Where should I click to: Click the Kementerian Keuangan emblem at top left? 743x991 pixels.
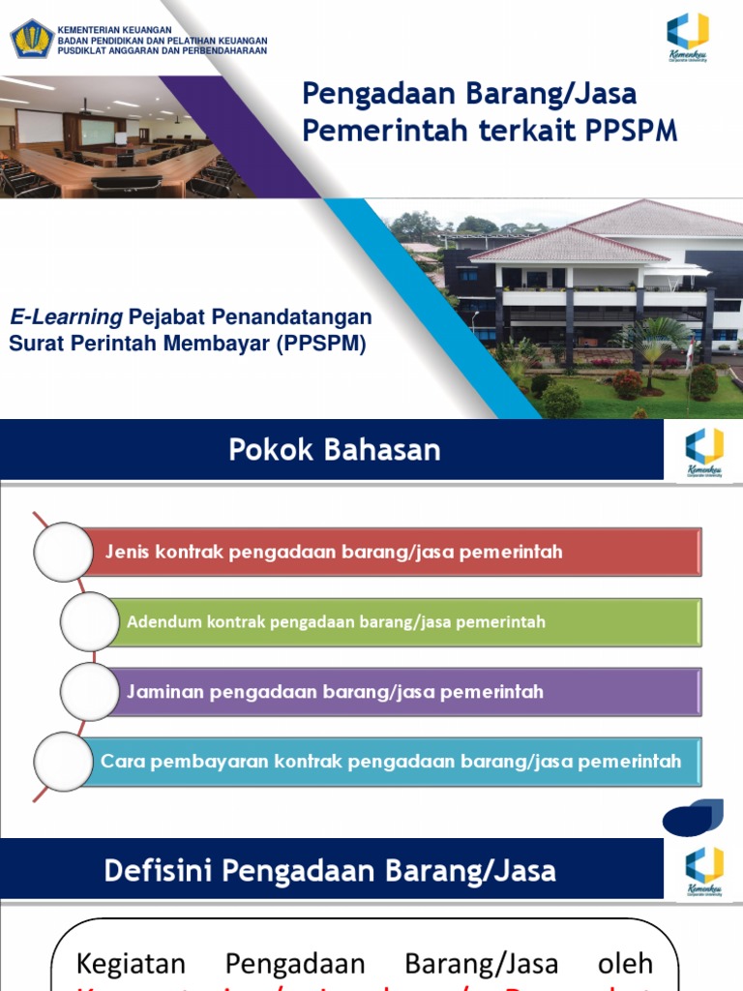(x=32, y=38)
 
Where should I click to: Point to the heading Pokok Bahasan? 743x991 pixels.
(x=335, y=450)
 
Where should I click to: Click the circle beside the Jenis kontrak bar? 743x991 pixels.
(x=63, y=552)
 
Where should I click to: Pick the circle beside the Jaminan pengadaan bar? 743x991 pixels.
(x=90, y=692)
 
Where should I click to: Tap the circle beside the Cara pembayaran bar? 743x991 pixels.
(x=63, y=762)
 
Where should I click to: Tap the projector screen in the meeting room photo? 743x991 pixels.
(x=40, y=126)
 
